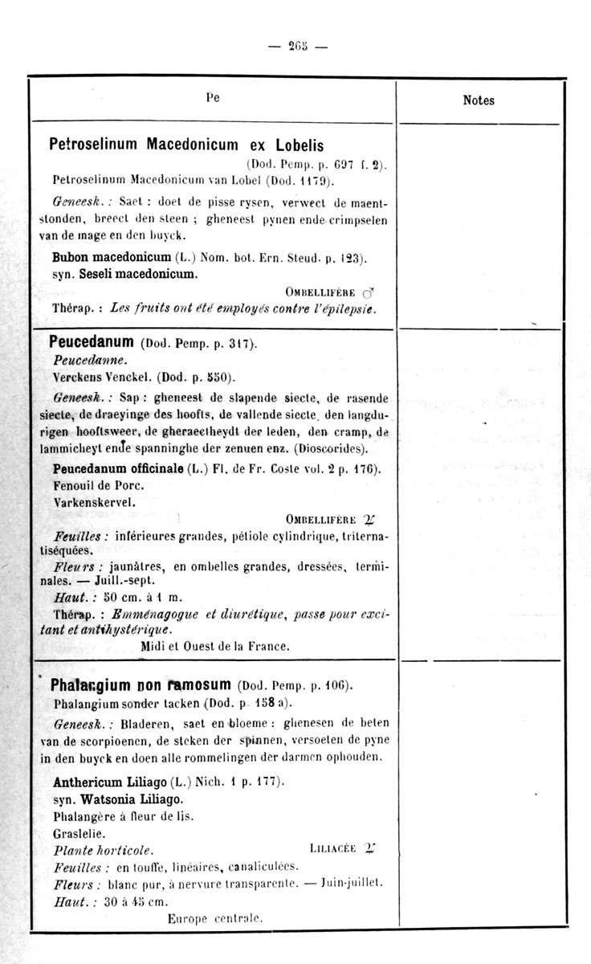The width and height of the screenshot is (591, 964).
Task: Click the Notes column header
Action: (479, 100)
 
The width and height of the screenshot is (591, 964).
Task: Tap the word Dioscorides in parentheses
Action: (331, 447)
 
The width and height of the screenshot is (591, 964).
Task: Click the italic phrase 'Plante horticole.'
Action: (103, 849)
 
